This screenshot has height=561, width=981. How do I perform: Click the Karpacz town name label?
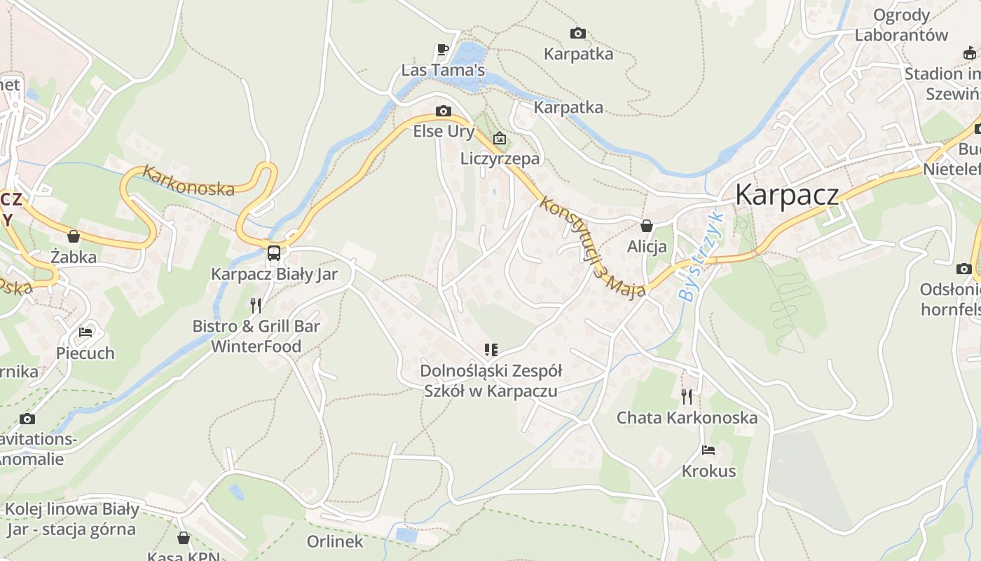point(786,194)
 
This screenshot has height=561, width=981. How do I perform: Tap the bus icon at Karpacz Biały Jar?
point(274,253)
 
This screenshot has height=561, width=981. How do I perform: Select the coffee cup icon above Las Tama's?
point(442,49)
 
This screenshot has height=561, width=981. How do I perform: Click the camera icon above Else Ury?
point(443,111)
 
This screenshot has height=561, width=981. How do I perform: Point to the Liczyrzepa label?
point(500,158)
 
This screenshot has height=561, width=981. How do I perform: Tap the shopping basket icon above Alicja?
point(647,226)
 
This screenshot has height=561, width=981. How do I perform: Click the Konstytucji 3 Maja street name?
point(592,247)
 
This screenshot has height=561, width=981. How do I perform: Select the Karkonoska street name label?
point(188,180)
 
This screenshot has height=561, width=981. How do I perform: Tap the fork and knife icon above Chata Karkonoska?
point(687,397)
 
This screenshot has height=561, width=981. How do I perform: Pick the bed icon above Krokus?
point(708,450)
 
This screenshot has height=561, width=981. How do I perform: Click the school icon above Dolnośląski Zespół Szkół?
point(490,349)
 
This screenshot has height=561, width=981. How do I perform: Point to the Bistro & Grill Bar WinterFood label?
point(256,336)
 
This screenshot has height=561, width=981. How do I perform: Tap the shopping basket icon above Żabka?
point(74,236)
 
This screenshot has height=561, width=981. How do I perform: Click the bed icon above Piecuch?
point(85,332)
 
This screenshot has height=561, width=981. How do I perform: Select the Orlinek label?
point(335,541)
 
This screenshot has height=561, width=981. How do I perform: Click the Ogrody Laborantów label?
point(901,25)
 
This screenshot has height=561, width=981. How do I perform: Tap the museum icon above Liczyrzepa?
point(500,138)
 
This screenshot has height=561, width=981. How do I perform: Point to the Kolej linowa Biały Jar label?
point(71,519)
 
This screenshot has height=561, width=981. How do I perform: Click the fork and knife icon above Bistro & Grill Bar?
point(256,305)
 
